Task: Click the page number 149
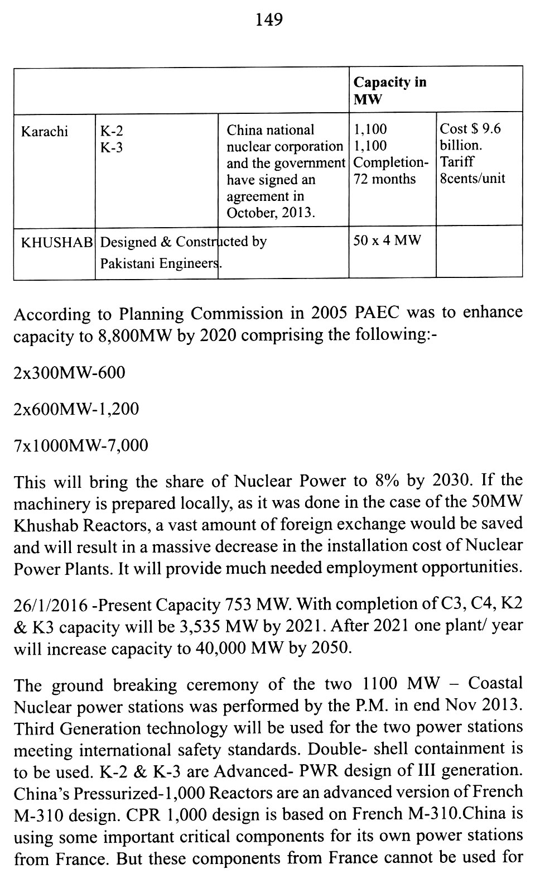click(269, 20)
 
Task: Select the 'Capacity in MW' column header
click(389, 90)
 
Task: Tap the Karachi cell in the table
click(45, 131)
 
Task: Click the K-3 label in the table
click(112, 148)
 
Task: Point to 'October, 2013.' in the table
click(270, 213)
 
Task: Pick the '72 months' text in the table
click(384, 179)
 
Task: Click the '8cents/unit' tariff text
click(472, 179)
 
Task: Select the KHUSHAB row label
click(56, 243)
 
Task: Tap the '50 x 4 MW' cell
click(387, 241)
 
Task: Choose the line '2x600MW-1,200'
click(76, 409)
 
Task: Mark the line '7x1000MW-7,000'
click(81, 445)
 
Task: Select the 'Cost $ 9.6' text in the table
click(470, 129)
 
